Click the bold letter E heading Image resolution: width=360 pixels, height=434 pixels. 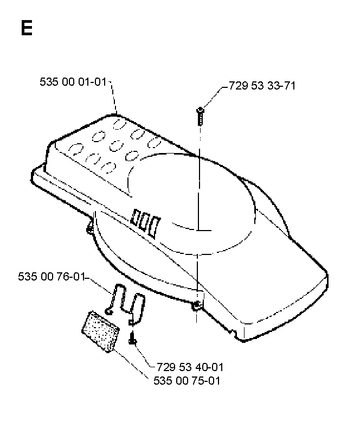(x=27, y=28)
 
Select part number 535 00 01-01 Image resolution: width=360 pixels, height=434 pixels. (x=73, y=82)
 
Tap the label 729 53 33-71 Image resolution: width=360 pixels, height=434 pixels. (x=262, y=86)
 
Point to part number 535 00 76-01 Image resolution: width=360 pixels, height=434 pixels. (x=51, y=277)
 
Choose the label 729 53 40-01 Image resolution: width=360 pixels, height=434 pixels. (x=190, y=367)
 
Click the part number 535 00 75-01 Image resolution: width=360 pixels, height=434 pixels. (x=187, y=381)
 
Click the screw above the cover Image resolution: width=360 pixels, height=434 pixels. (x=200, y=116)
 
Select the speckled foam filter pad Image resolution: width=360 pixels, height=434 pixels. (x=100, y=331)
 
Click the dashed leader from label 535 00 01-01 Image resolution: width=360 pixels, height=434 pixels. (x=113, y=97)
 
